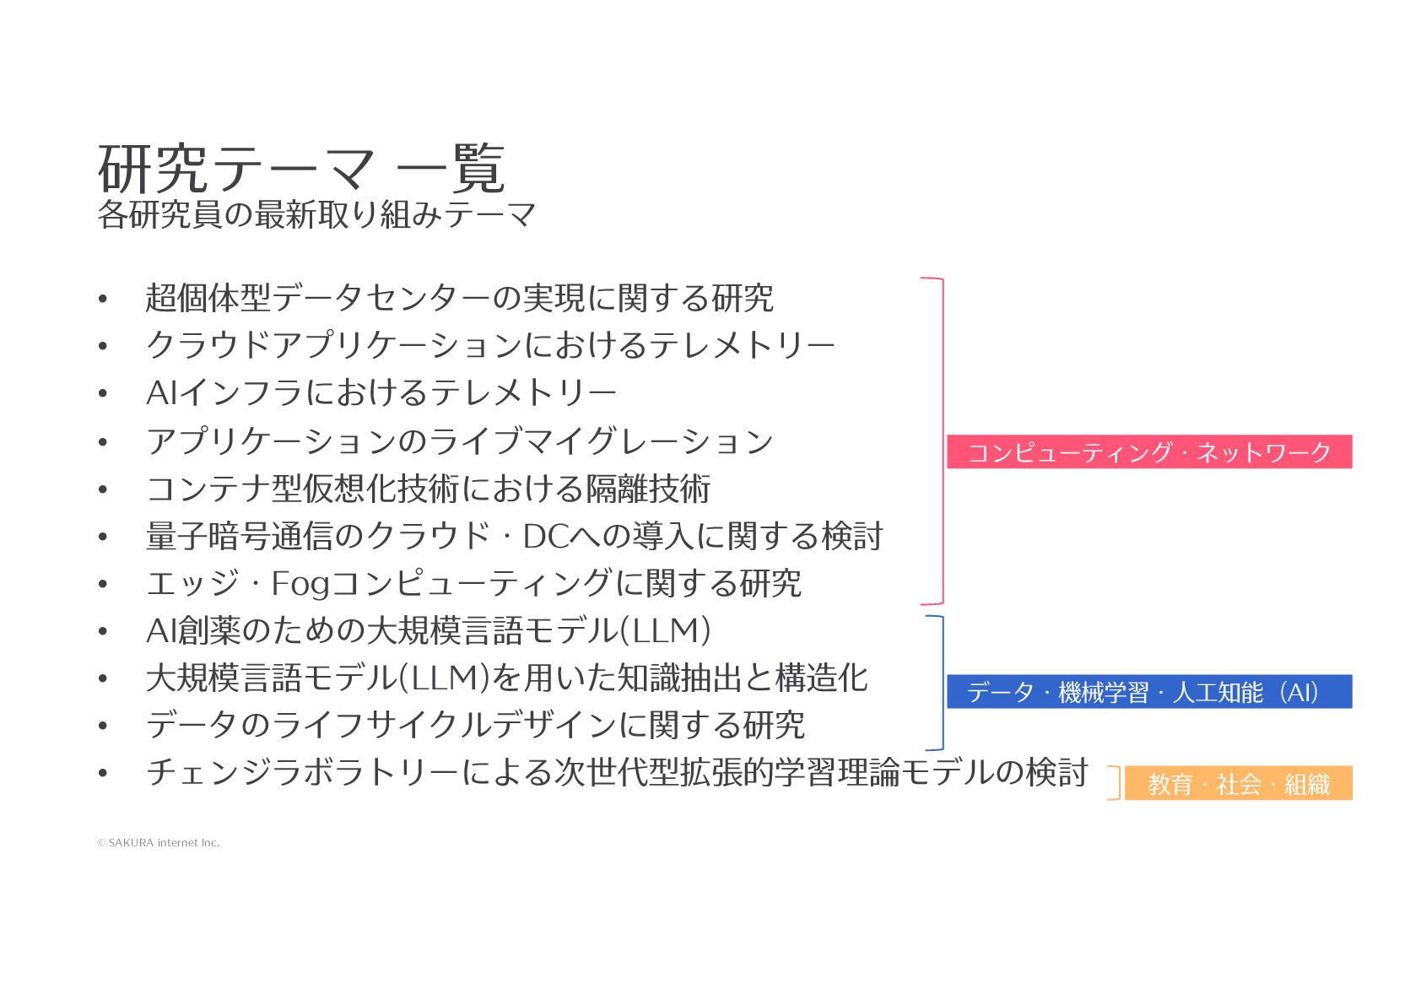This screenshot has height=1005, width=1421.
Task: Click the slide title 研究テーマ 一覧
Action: [301, 169]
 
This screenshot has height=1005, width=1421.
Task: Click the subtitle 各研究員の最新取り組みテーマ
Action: [316, 215]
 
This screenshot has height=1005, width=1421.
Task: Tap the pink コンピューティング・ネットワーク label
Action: [1148, 452]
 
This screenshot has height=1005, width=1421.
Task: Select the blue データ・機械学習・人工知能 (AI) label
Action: [1148, 692]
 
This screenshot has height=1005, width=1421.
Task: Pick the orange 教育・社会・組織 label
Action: [1238, 784]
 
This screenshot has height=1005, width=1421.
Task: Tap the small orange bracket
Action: [1116, 783]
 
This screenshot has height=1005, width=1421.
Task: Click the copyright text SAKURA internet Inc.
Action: [159, 843]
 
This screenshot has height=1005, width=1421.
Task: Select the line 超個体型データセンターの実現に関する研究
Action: [459, 298]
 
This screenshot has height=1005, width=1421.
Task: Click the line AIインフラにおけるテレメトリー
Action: [381, 393]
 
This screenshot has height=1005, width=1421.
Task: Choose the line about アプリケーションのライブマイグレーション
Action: [459, 441]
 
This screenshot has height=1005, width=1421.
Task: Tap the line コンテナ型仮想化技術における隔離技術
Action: [428, 489]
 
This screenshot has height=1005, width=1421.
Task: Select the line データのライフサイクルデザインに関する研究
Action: [475, 726]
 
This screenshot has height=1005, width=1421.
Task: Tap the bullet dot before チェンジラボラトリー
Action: [103, 774]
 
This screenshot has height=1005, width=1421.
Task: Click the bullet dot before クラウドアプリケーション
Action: [103, 346]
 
